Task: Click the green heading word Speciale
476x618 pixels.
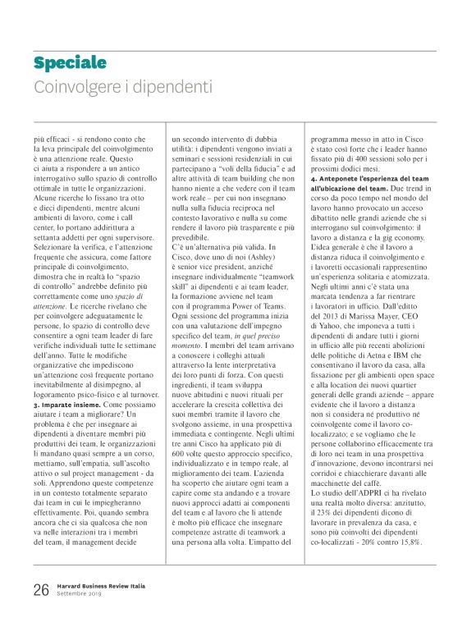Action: pyautogui.click(x=70, y=63)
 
